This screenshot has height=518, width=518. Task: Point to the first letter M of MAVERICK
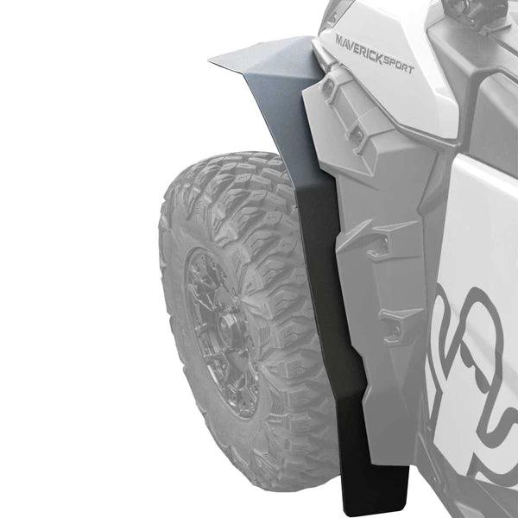340,41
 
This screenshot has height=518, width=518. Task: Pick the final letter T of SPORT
411,69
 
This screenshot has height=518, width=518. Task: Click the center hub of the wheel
227,327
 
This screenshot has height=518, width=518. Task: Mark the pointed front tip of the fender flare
209,60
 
